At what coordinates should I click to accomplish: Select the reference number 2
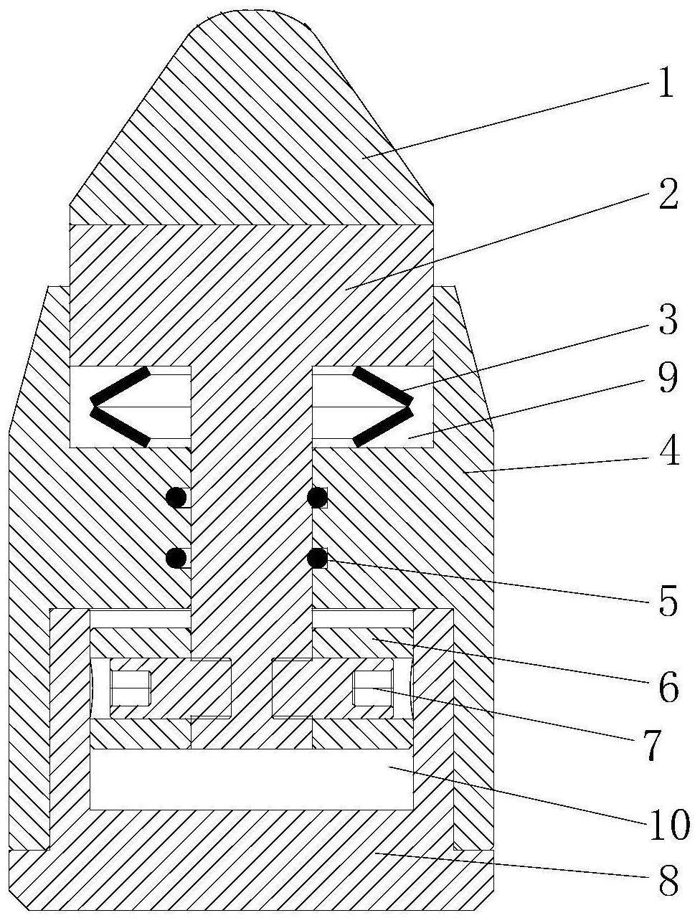click(x=668, y=194)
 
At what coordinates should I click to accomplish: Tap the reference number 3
click(x=668, y=321)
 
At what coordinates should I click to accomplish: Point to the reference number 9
click(x=668, y=379)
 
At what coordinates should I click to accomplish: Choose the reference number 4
click(x=668, y=451)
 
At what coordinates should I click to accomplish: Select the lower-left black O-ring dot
click(x=176, y=559)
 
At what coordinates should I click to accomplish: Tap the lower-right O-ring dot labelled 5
click(x=318, y=559)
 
